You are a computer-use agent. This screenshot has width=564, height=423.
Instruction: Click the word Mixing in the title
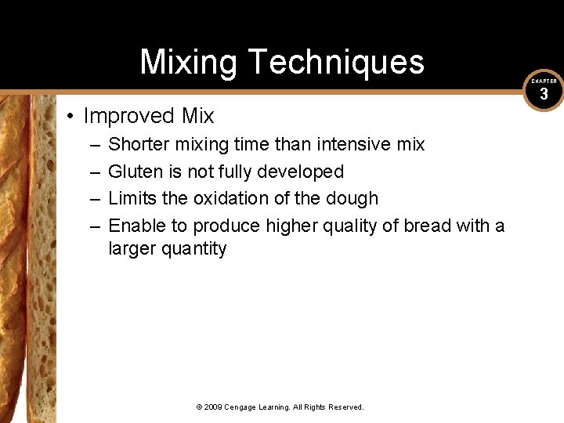click(x=187, y=62)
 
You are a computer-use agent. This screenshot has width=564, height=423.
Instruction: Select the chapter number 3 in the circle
click(x=544, y=96)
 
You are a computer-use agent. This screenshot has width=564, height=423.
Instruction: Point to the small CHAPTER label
click(x=544, y=81)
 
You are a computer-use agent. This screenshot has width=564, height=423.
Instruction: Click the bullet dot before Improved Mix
click(x=70, y=117)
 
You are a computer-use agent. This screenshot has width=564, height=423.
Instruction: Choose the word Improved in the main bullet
click(x=129, y=117)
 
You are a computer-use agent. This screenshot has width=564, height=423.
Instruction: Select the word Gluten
click(x=134, y=171)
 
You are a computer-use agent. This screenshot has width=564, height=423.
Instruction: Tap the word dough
click(x=352, y=198)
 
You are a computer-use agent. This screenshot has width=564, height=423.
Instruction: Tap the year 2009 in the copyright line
click(x=214, y=407)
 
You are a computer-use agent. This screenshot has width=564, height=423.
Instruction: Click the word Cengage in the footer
click(x=243, y=407)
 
